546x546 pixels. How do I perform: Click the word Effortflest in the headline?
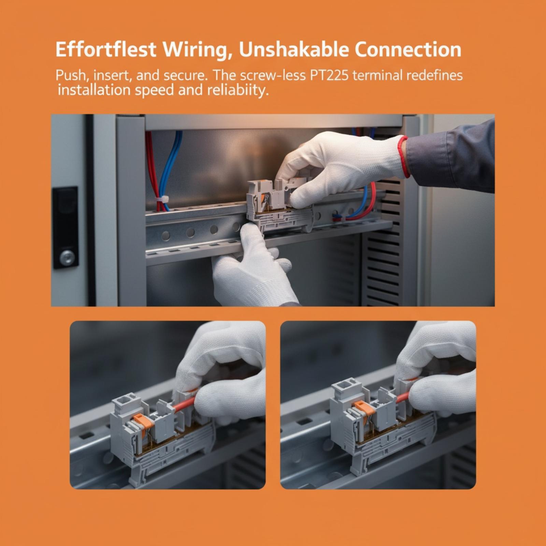pyautogui.click(x=106, y=49)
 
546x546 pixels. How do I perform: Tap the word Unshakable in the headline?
pyautogui.click(x=294, y=49)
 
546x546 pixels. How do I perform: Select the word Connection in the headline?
pyautogui.click(x=408, y=49)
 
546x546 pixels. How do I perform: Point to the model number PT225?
pyautogui.click(x=329, y=75)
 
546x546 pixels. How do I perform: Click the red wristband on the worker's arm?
pyautogui.click(x=404, y=157)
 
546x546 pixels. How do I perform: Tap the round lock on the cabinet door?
pyautogui.click(x=67, y=257)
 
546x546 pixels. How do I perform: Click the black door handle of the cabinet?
pyautogui.click(x=65, y=227)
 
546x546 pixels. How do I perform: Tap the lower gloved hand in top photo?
pyautogui.click(x=253, y=266)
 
